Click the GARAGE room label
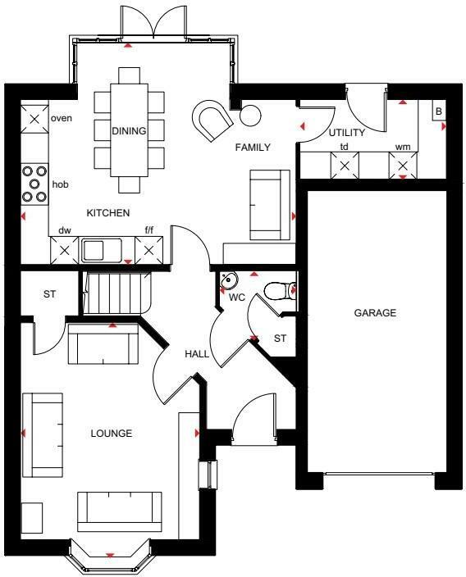point(375,313)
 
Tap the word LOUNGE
point(112,433)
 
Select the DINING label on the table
point(129,131)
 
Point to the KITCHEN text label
point(109,213)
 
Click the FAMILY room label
point(253,148)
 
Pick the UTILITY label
point(346,133)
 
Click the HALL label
point(196,354)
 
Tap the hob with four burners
point(34,184)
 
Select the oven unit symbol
point(34,120)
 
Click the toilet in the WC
point(280,290)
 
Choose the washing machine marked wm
point(403,166)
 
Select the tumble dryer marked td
point(344,166)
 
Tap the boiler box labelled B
point(438,111)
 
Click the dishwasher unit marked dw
point(64,249)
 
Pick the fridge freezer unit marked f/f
point(148,249)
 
